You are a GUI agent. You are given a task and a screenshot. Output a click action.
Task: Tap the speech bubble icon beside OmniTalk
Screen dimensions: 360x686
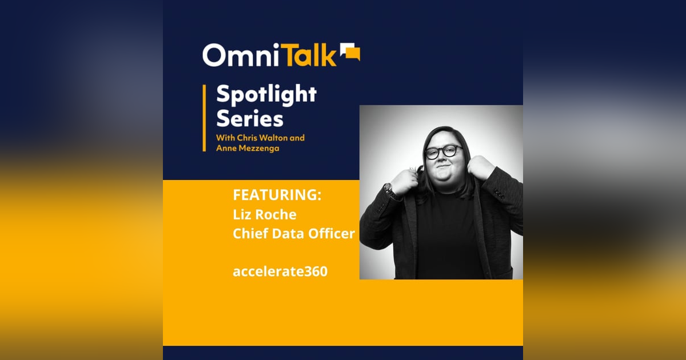point(350,52)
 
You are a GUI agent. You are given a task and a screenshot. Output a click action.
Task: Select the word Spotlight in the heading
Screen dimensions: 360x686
point(266,95)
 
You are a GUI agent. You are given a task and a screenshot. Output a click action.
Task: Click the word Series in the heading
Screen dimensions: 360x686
point(249,119)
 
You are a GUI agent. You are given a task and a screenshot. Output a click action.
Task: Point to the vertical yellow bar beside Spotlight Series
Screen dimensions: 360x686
point(204,118)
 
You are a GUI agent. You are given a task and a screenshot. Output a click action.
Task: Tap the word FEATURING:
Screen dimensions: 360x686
point(277,195)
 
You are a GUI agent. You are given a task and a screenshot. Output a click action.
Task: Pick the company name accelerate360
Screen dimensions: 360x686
point(280,271)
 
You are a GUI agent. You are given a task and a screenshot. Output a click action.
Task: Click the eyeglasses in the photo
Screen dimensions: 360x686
point(444,151)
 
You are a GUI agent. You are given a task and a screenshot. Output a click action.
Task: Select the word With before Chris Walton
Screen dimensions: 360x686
point(226,138)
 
